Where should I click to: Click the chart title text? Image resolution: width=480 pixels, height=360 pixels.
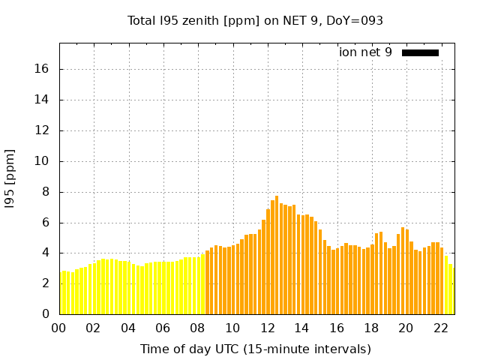[x=255, y=20]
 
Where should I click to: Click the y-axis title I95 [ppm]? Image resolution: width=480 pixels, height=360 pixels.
[x=10, y=178]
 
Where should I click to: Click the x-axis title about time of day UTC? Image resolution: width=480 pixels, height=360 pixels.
[x=255, y=349]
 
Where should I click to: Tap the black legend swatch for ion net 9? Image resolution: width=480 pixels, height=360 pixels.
[x=420, y=52]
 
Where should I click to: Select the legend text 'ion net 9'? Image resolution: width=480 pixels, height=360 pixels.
[x=365, y=52]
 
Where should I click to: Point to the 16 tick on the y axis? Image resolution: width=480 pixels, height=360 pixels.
[x=43, y=69]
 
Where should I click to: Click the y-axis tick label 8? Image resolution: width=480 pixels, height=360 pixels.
[x=46, y=192]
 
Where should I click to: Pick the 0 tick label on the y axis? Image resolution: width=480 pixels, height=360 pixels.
[x=46, y=314]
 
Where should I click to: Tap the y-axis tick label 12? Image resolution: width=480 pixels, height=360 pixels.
[x=43, y=130]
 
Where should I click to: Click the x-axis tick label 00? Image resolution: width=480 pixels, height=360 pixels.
[x=59, y=328]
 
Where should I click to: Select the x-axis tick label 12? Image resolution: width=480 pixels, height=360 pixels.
[x=267, y=328]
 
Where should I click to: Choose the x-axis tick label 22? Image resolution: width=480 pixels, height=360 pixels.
[x=440, y=328]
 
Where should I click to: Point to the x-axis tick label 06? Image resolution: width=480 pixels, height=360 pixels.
[x=163, y=328]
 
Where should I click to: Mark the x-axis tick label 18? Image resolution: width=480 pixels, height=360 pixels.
[x=371, y=328]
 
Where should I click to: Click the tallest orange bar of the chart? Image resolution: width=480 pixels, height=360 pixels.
[x=277, y=255]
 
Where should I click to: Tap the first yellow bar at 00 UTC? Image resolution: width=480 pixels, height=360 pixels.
[x=61, y=292]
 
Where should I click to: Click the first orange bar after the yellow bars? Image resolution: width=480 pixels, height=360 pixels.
[x=207, y=283]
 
